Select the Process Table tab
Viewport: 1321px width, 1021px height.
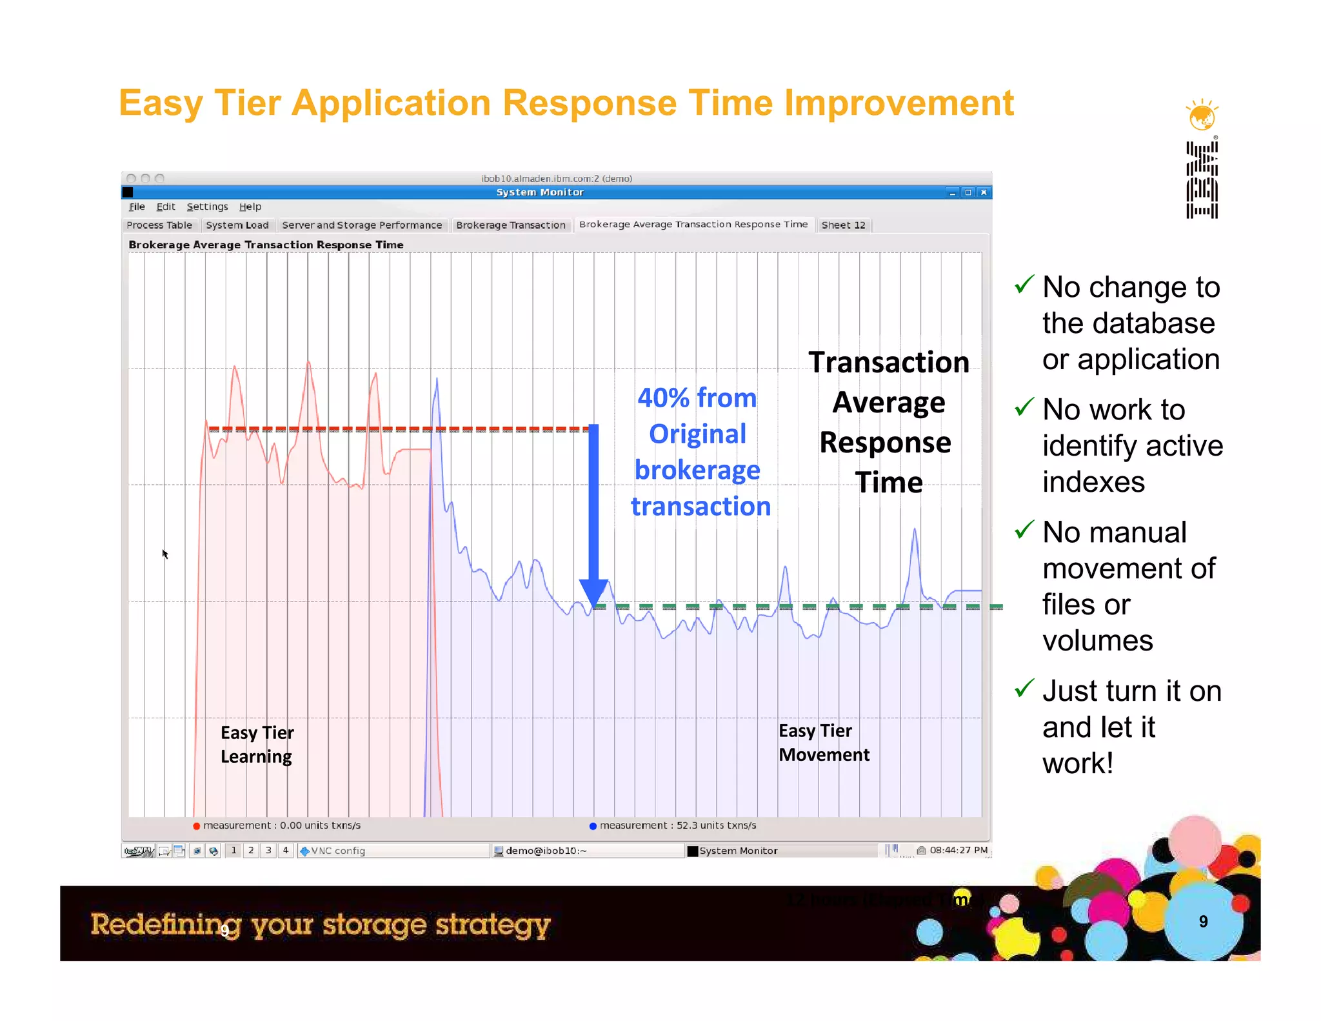click(x=159, y=225)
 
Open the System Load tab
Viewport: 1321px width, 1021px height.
click(x=237, y=225)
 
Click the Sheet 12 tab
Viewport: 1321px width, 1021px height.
click(x=843, y=225)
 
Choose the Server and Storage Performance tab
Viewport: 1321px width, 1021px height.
click(x=362, y=225)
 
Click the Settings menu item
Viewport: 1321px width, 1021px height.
click(x=207, y=207)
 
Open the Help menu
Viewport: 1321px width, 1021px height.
click(x=250, y=207)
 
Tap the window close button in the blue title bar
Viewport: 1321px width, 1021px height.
click(x=984, y=192)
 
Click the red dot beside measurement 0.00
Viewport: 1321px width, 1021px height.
click(x=196, y=826)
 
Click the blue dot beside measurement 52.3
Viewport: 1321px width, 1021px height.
click(x=593, y=826)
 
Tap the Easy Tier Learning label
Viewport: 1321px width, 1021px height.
click(x=257, y=745)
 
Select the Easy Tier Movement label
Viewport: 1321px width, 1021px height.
click(x=824, y=743)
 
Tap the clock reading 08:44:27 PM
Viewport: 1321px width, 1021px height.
click(x=958, y=850)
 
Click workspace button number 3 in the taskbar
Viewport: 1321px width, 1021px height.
click(x=268, y=851)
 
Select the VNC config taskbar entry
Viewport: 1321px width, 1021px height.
click(x=338, y=851)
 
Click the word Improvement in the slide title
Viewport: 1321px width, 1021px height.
click(x=899, y=103)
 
